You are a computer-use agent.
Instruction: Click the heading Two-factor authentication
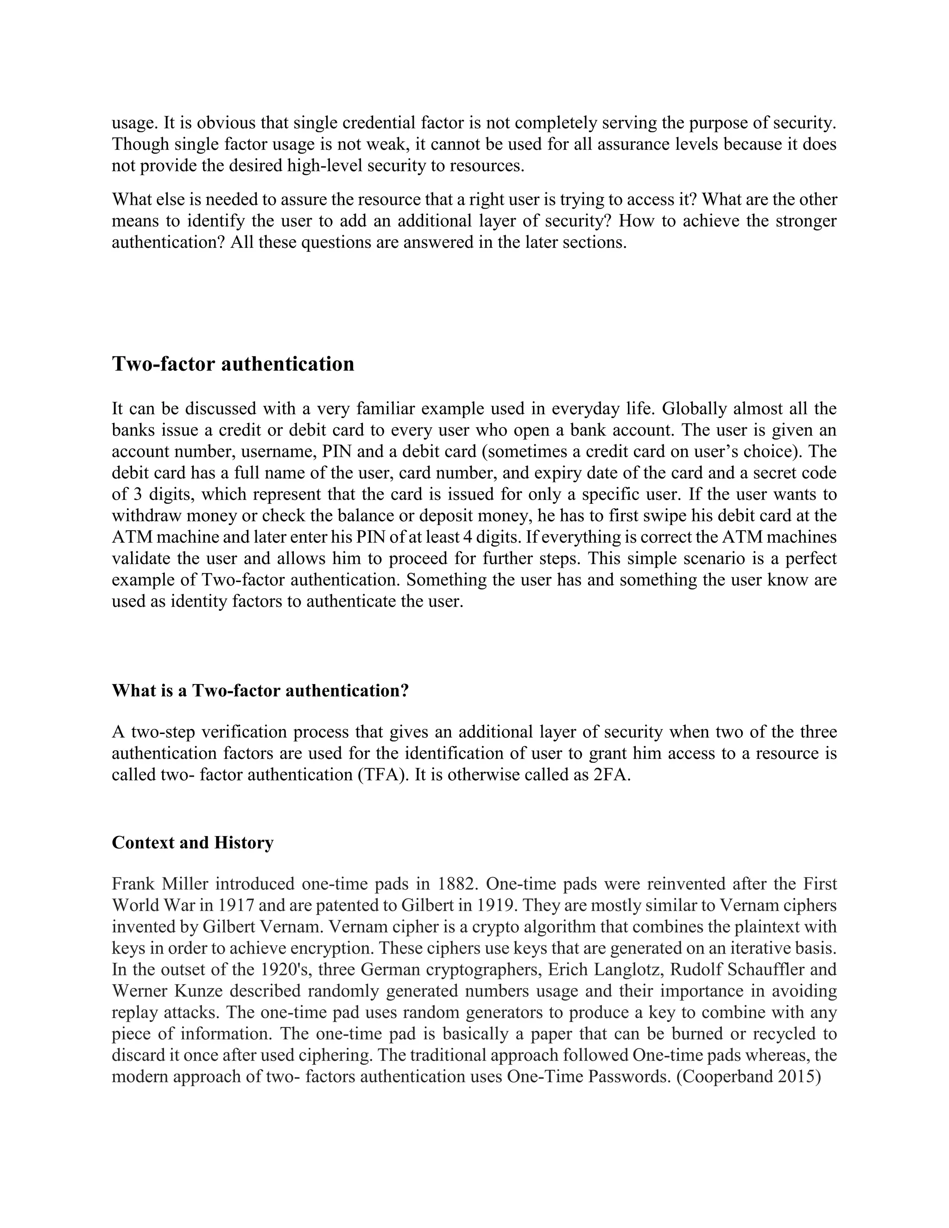[233, 364]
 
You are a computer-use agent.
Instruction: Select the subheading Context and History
[192, 842]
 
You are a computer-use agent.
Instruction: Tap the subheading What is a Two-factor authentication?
[260, 690]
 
